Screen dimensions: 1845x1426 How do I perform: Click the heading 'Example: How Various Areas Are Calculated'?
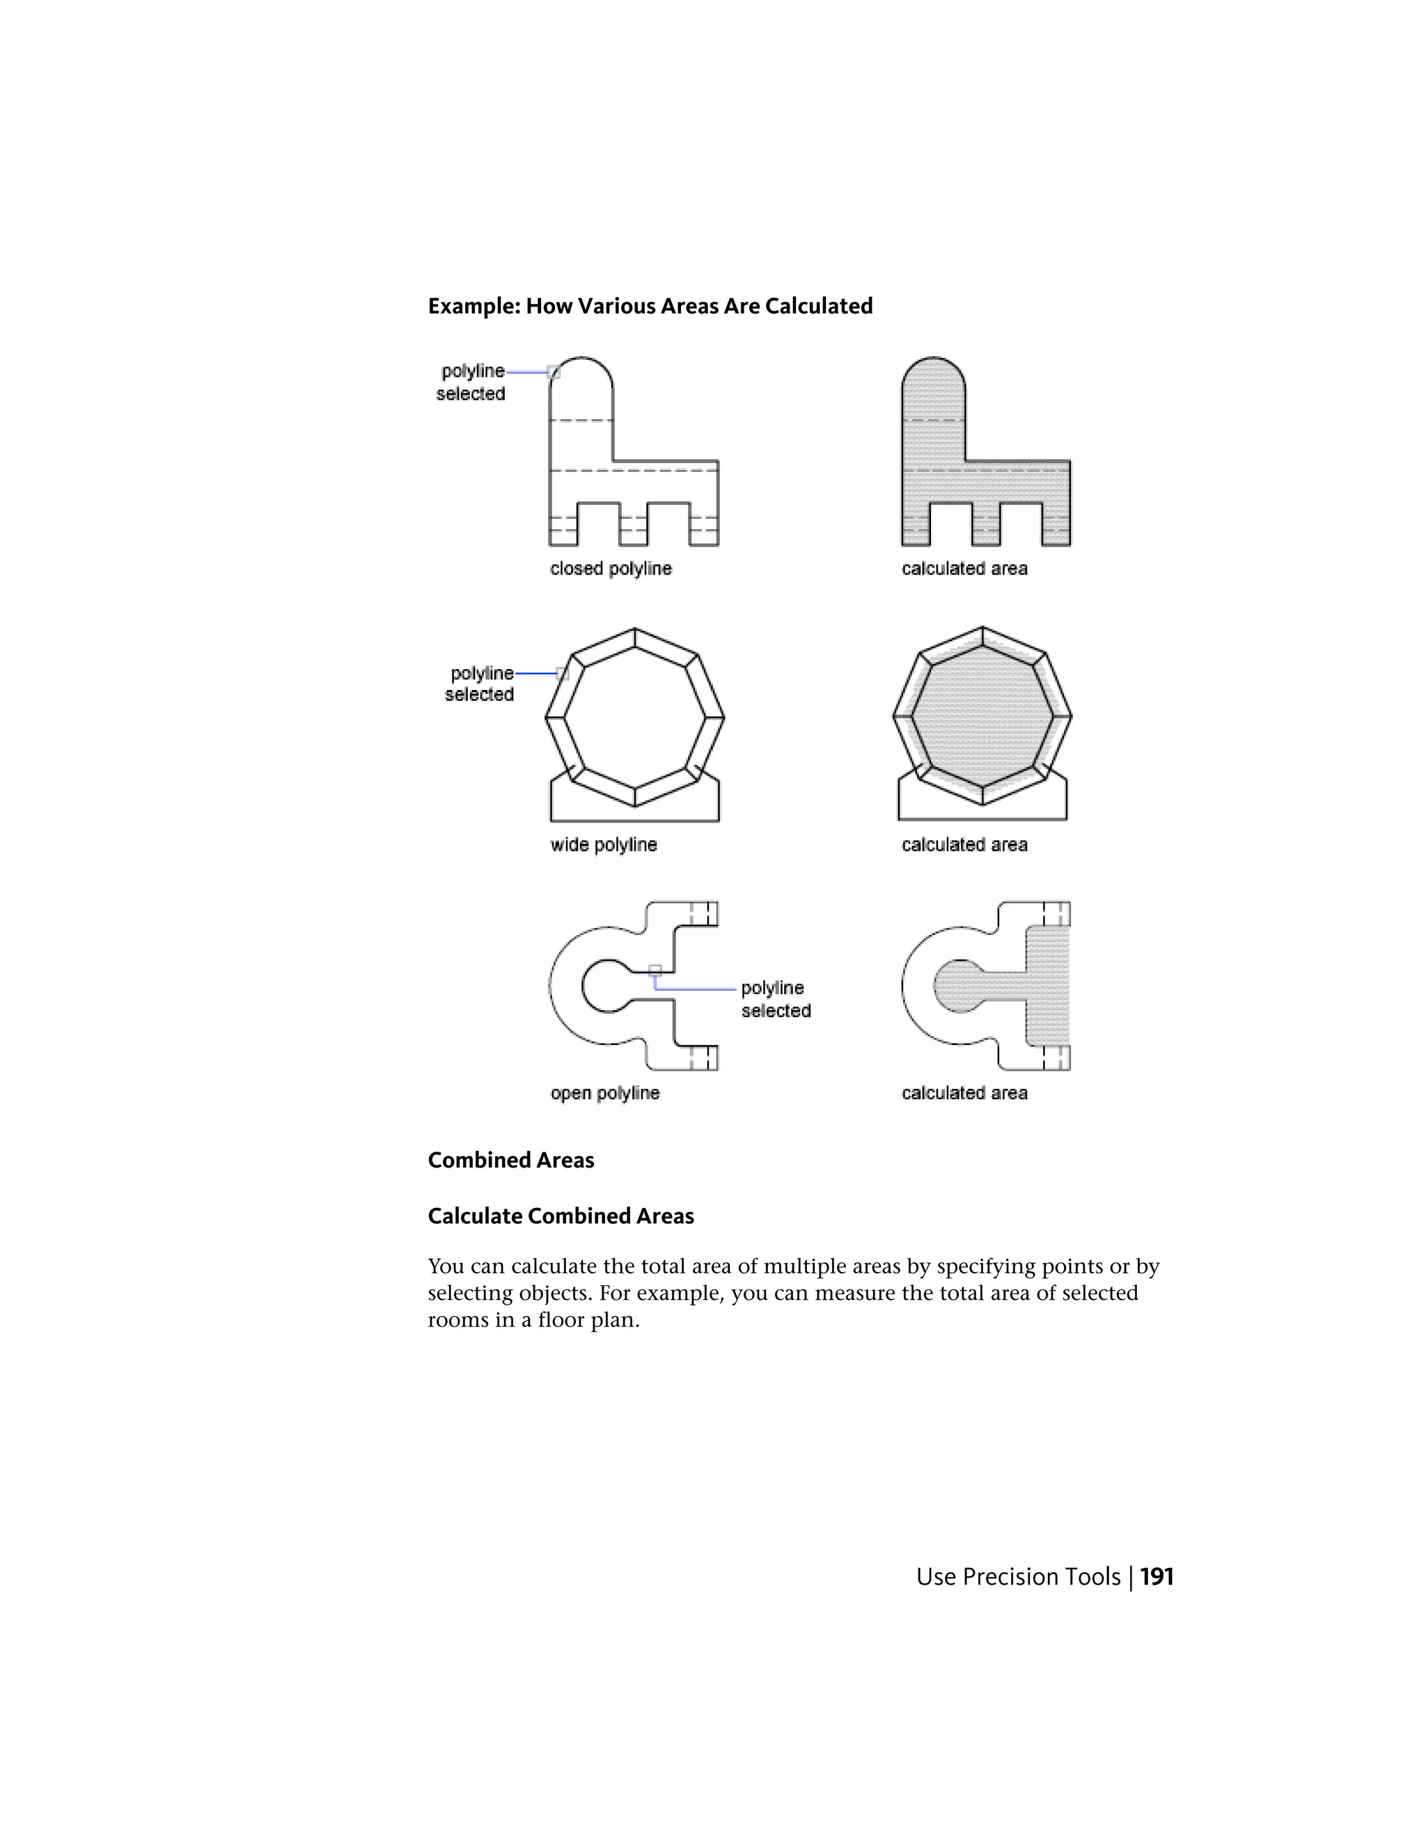650,306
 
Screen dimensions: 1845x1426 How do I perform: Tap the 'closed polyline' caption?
610,569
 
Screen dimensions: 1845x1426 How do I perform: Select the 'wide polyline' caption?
603,845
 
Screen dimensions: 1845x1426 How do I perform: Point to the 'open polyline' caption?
605,1093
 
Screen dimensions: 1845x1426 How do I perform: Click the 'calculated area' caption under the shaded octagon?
964,845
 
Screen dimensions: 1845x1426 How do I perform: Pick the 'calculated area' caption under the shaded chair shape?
964,569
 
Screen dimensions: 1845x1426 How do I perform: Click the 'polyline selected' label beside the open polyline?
776,999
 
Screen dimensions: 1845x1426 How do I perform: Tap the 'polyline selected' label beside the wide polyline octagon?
480,684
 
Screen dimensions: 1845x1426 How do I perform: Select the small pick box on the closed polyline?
554,372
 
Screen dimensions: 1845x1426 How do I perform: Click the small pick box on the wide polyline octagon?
562,673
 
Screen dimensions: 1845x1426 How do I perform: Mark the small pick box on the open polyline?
655,971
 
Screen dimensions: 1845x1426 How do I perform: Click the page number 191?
1157,1576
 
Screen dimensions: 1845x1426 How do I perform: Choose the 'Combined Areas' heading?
510,1160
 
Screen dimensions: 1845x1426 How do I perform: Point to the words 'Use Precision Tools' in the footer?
1017,1576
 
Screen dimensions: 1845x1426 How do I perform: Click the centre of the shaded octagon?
982,716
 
